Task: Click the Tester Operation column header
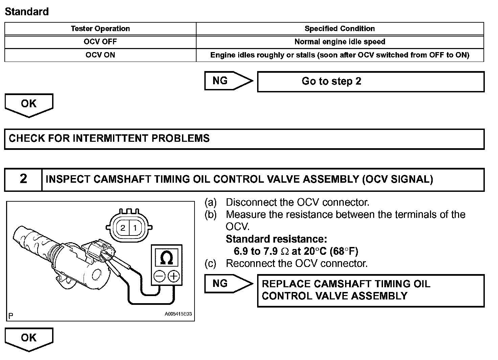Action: click(x=100, y=29)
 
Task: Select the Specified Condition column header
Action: click(x=340, y=29)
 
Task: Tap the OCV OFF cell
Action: click(x=100, y=42)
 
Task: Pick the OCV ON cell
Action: click(x=100, y=55)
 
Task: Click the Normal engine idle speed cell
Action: click(x=340, y=42)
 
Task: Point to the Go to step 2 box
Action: click(x=370, y=82)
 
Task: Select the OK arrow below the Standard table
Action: click(x=29, y=104)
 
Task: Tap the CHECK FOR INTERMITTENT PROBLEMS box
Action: click(x=244, y=139)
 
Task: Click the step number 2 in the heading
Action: click(x=23, y=179)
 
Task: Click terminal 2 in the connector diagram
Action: click(x=123, y=228)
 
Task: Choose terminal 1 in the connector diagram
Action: click(x=135, y=228)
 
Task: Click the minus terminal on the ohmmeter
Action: click(x=159, y=276)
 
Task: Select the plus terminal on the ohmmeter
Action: click(x=174, y=276)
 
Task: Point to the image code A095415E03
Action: click(x=178, y=314)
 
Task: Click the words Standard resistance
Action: click(x=276, y=239)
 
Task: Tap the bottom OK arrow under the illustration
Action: click(x=29, y=338)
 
